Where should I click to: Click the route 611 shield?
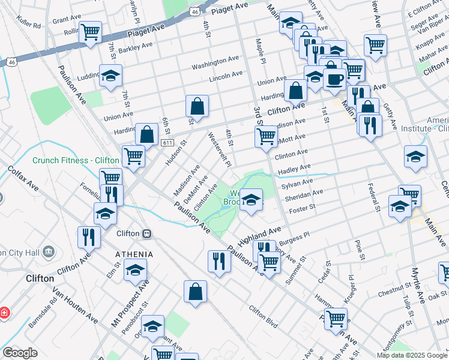[167, 142]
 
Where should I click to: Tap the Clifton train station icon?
[146, 233]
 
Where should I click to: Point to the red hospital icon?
[4, 313]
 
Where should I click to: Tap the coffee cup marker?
[334, 79]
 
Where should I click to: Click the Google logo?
[20, 353]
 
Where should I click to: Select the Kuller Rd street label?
[29, 26]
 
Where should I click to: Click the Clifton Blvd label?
[264, 317]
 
